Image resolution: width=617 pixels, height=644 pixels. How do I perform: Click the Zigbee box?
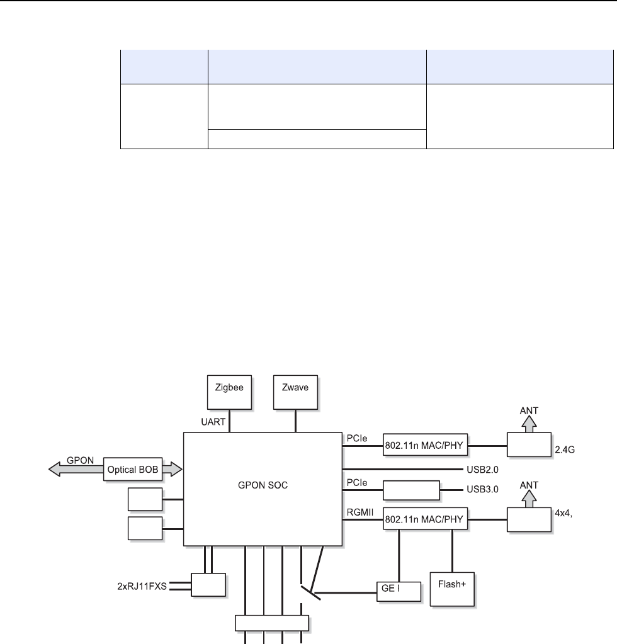pyautogui.click(x=229, y=393)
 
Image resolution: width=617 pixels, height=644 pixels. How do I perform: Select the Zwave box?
pyautogui.click(x=296, y=393)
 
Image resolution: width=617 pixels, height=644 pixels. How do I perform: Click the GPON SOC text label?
pyautogui.click(x=263, y=486)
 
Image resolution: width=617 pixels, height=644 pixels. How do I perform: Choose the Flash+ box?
pyautogui.click(x=451, y=588)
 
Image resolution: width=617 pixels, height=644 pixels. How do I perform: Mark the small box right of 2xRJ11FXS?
pyautogui.click(x=208, y=584)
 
